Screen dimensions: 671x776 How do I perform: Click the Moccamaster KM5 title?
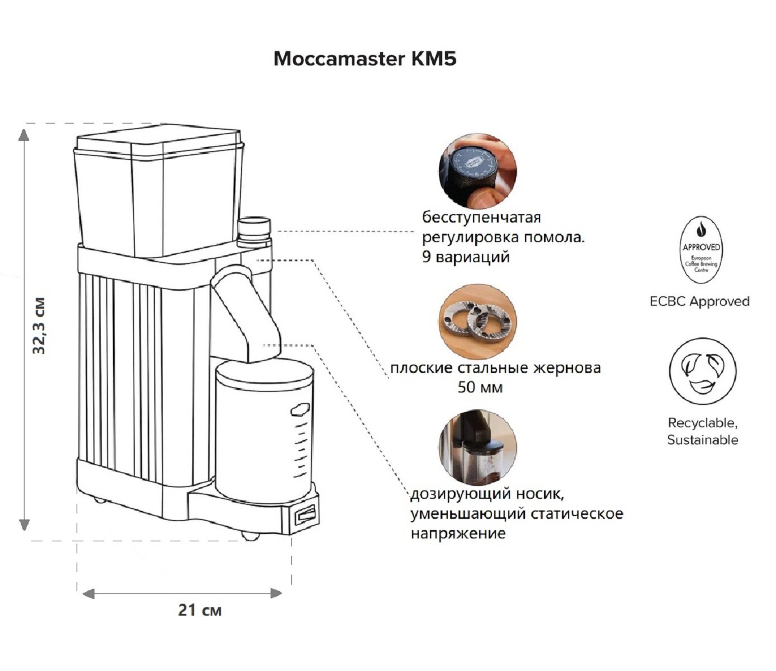tap(365, 59)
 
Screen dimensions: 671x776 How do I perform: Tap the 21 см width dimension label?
tap(200, 610)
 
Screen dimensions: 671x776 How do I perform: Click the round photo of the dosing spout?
tap(477, 447)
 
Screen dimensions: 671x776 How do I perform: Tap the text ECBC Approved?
tap(699, 301)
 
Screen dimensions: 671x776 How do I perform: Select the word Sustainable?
tap(702, 440)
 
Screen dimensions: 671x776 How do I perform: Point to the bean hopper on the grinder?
tap(159, 193)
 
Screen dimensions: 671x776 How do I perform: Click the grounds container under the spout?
tap(264, 431)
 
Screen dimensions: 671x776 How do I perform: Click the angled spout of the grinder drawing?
tap(249, 310)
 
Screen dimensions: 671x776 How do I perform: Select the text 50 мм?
tap(480, 387)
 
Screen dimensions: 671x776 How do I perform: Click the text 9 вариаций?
tap(466, 258)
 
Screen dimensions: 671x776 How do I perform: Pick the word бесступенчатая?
tap(481, 217)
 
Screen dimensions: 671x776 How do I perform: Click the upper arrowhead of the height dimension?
tap(24, 134)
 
